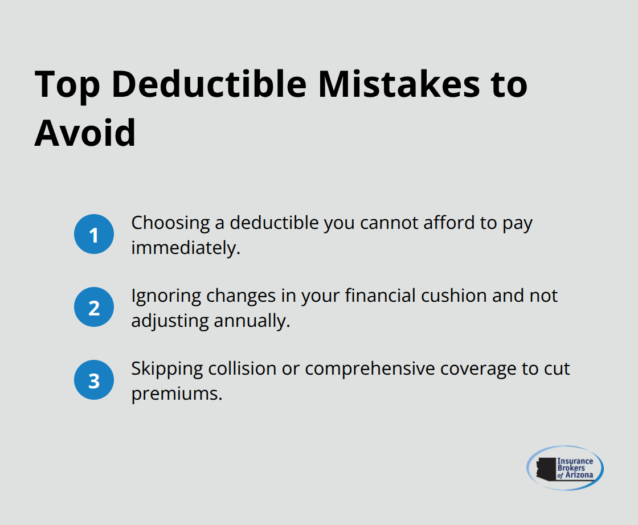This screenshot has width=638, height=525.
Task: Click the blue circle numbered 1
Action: tap(94, 235)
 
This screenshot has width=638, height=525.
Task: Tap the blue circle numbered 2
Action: tap(94, 307)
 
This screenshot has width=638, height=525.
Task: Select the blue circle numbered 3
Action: tap(94, 380)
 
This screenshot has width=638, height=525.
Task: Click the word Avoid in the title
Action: tap(85, 134)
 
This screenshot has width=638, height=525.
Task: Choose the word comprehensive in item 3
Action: tap(370, 369)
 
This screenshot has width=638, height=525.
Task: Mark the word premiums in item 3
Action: tap(176, 393)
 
